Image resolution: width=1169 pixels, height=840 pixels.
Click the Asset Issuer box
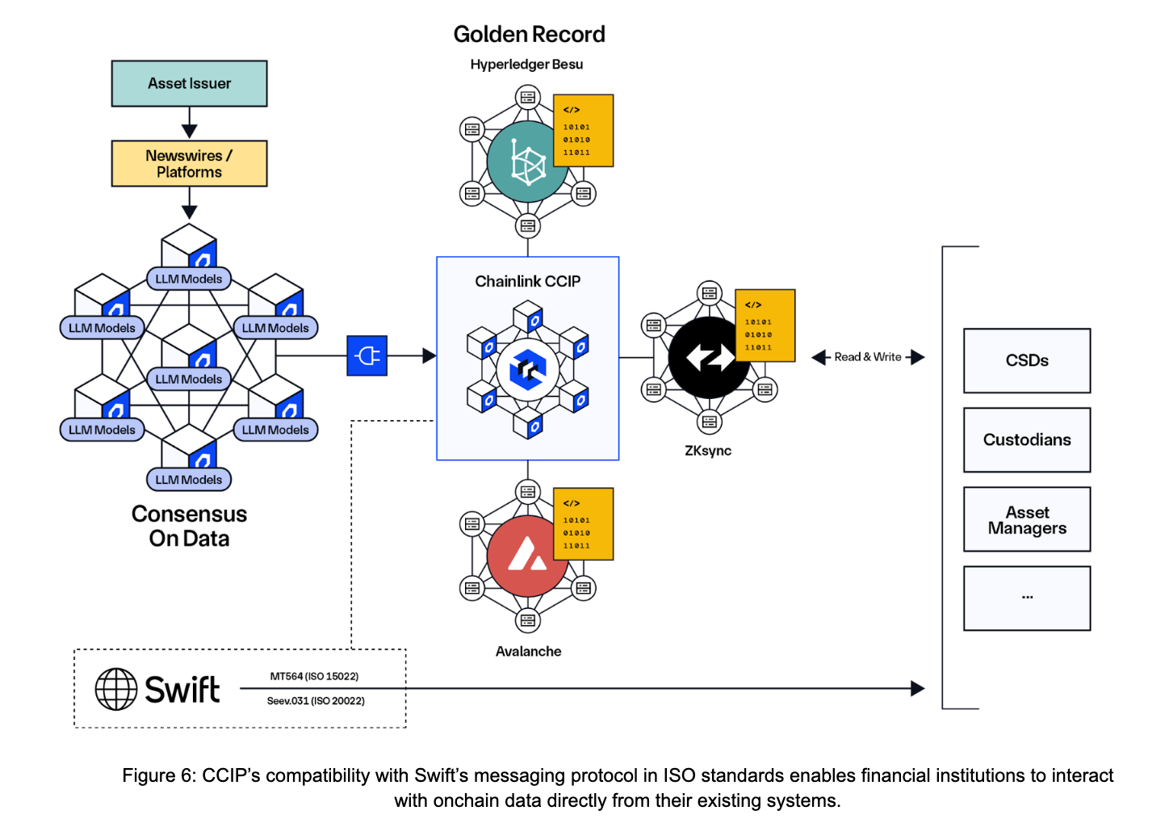pos(189,83)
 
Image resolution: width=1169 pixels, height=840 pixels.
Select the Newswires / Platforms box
pos(189,164)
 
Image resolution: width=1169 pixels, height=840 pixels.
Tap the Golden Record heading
pos(529,34)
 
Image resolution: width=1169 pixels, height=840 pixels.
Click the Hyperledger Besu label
pos(526,65)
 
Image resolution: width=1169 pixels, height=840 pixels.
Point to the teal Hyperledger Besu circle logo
pos(526,162)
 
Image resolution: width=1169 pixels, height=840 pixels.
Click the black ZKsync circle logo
pos(709,357)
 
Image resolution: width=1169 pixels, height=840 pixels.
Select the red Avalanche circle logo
pos(526,556)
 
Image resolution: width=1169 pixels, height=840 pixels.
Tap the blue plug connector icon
pos(367,355)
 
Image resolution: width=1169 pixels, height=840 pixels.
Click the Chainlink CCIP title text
pos(527,281)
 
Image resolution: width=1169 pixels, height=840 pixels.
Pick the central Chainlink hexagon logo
pos(527,370)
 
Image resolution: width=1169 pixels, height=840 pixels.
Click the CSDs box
pos(1027,360)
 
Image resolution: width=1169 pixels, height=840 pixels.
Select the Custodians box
pos(1027,439)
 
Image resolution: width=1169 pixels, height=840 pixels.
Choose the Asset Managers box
pos(1027,519)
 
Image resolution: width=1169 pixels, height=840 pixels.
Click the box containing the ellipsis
pos(1027,598)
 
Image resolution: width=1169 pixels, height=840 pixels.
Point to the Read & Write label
pos(868,357)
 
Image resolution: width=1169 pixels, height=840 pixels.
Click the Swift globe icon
pos(116,689)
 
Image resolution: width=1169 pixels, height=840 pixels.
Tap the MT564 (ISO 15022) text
pos(314,676)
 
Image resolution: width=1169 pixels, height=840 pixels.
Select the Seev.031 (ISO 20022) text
pos(316,701)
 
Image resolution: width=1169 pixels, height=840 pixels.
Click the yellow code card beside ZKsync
pos(765,325)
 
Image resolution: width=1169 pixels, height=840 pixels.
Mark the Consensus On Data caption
pos(189,526)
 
